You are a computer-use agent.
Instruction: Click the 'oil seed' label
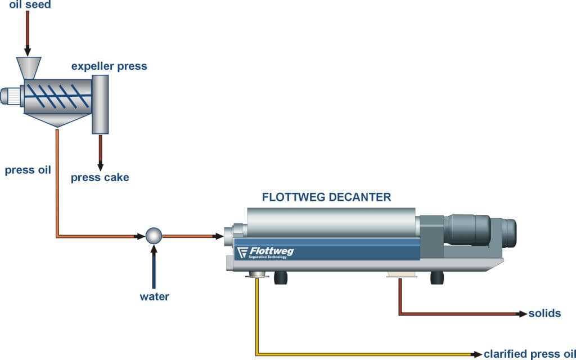tap(30, 5)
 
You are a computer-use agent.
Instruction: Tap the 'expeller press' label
tap(109, 66)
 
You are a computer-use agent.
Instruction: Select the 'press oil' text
tap(28, 170)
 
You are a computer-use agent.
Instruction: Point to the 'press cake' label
tap(100, 178)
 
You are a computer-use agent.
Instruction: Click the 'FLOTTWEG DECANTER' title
tap(326, 197)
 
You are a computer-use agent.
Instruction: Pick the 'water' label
tap(154, 296)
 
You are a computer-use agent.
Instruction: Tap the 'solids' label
tap(544, 313)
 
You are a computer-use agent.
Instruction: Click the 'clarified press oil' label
tap(529, 354)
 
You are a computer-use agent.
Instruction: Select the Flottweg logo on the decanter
tap(265, 252)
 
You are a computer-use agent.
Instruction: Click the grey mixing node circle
tap(154, 236)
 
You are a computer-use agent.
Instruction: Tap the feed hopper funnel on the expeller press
tap(28, 67)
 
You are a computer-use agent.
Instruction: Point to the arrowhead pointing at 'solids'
tap(523, 313)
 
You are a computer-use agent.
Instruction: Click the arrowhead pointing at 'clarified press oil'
tap(478, 354)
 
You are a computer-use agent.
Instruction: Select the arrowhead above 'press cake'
tap(101, 166)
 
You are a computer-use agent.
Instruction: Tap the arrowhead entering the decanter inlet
tap(218, 236)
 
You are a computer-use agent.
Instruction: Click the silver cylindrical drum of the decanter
tap(332, 221)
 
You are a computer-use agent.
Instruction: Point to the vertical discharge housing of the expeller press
tap(100, 104)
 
